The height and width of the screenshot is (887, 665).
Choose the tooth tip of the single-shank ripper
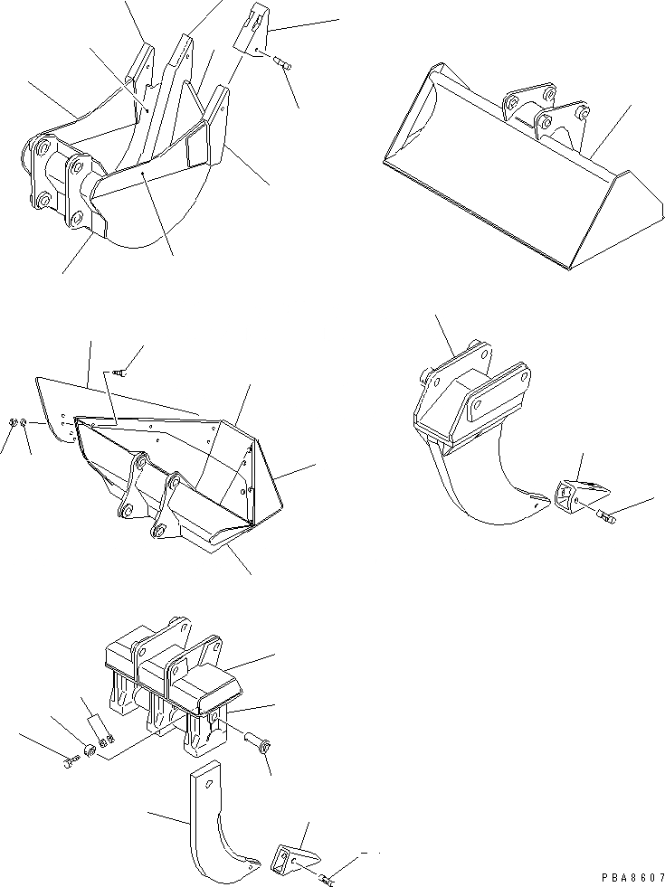coord(579,494)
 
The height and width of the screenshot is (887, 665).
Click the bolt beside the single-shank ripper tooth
coord(605,517)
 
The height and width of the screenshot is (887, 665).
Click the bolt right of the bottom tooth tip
coord(327,876)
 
